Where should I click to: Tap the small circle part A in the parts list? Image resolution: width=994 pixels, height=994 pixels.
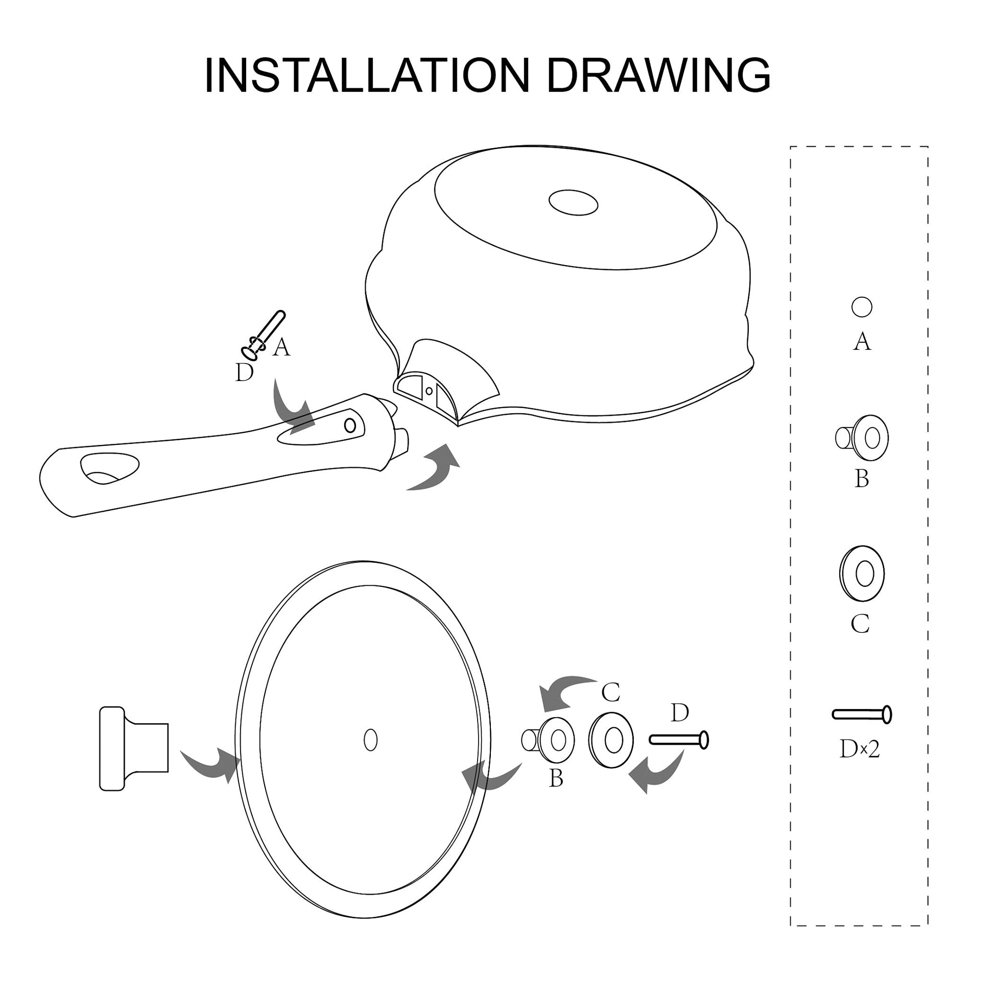tap(862, 307)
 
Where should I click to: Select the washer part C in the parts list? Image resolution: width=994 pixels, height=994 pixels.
tap(862, 574)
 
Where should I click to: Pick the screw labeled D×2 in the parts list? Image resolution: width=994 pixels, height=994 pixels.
tap(862, 715)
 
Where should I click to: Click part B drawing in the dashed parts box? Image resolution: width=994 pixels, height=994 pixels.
tap(862, 438)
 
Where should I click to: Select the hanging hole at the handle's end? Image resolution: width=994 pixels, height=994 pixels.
tap(110, 468)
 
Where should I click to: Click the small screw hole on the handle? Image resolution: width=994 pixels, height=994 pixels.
tap(350, 425)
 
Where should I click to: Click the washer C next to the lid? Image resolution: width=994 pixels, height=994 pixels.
tap(611, 740)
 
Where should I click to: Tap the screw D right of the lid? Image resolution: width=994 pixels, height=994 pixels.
tap(679, 740)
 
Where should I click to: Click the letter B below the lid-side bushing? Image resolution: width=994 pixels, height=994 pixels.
tap(556, 778)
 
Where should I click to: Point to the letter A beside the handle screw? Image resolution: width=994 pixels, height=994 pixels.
tap(281, 347)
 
